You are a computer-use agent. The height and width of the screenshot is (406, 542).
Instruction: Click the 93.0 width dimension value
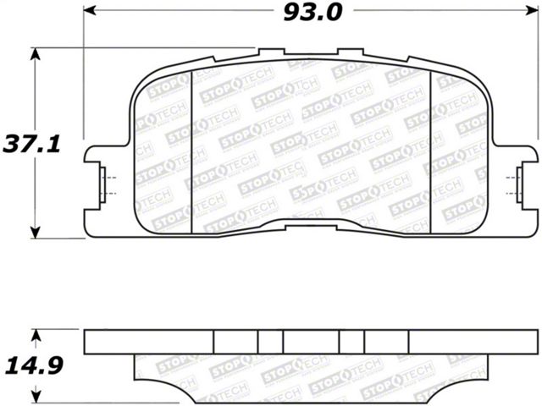[x=312, y=14]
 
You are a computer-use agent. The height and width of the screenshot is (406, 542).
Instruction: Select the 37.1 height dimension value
[x=32, y=144]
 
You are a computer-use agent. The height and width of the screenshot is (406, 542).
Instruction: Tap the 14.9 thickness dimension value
[x=34, y=365]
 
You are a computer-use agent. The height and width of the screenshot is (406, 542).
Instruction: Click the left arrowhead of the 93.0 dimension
[x=89, y=11]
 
